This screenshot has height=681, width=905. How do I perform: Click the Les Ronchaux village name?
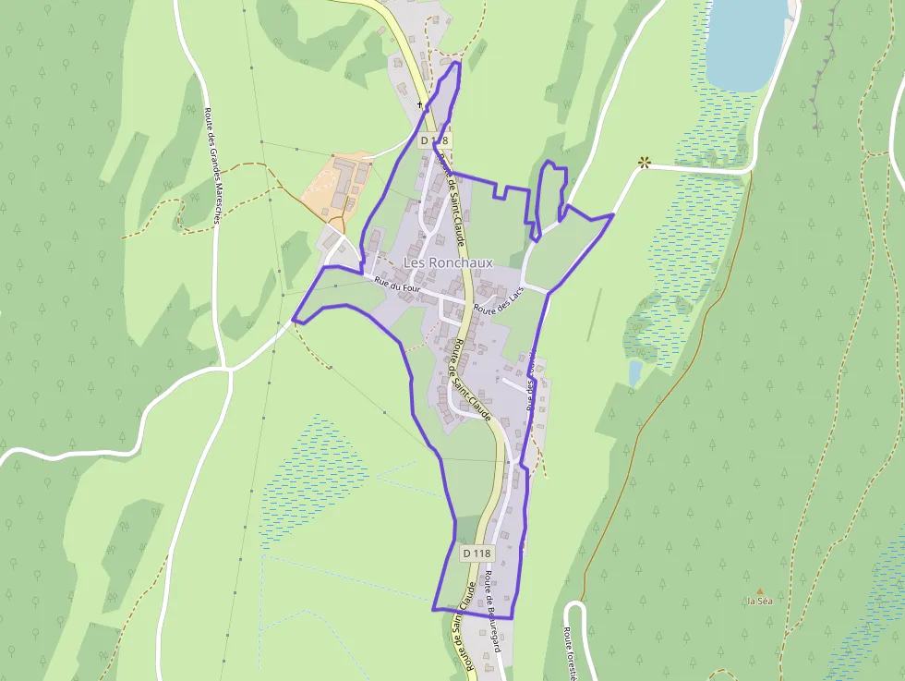click(448, 262)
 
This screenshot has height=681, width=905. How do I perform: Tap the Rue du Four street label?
click(397, 285)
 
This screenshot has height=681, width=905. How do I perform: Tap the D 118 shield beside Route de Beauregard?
click(477, 553)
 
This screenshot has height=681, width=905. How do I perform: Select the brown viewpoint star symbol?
click(644, 163)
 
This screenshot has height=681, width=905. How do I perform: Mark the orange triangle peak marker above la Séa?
click(760, 591)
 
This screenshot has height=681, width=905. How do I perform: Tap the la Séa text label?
click(760, 602)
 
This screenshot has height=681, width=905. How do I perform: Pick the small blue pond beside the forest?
click(634, 371)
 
